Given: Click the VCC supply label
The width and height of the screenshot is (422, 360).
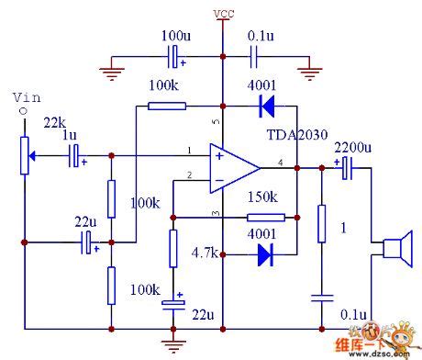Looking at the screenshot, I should pos(222,13).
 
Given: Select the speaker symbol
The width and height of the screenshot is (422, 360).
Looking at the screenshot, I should pos(395,252).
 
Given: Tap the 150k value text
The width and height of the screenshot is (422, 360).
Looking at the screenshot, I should pos(261,197).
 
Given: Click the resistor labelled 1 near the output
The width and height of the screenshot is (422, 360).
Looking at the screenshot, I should pos(322,223).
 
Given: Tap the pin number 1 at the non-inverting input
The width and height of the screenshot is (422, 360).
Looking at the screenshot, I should pos(187,151).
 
